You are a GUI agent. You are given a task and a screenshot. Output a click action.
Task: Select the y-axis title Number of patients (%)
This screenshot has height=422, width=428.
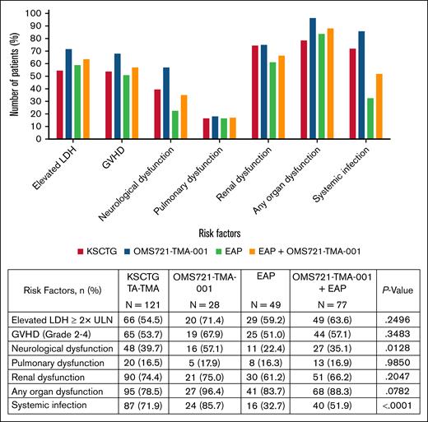coord(15,74)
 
